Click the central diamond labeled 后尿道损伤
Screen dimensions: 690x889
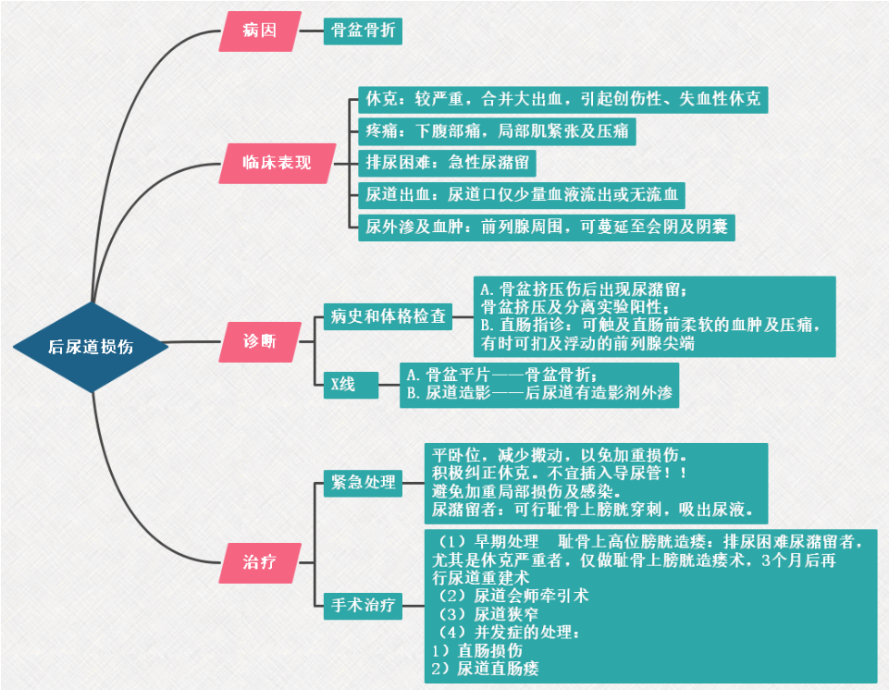(92, 347)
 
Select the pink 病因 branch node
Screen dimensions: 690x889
(260, 31)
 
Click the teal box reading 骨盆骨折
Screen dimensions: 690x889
(364, 31)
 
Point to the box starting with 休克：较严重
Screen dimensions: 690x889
(562, 98)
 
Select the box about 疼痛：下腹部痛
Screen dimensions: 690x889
(498, 130)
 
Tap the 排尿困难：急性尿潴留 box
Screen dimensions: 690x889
(447, 163)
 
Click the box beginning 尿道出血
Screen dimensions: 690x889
(522, 194)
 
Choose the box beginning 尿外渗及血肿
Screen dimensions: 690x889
(546, 227)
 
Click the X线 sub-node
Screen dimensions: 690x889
(343, 384)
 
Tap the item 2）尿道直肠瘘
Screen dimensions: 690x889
(485, 667)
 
